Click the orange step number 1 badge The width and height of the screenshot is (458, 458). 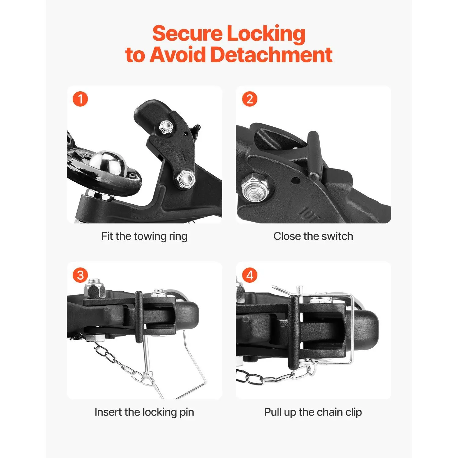tap(80, 99)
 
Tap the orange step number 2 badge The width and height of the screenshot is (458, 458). tap(250, 99)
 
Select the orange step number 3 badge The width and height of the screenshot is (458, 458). tap(80, 275)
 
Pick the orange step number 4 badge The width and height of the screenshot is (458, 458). tap(250, 275)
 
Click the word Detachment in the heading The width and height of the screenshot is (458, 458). tap(271, 55)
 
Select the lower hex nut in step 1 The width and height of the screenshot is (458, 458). tap(185, 179)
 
